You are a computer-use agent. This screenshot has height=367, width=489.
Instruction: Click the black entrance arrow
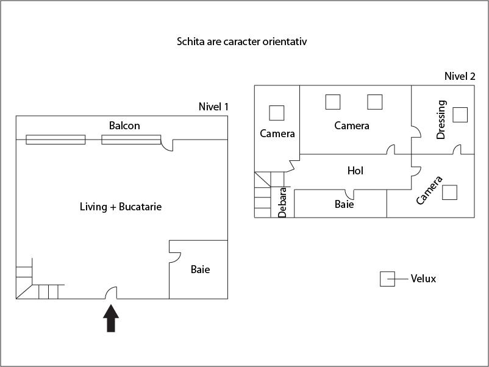[110, 318]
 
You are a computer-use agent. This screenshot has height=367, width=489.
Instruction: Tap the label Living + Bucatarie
[121, 207]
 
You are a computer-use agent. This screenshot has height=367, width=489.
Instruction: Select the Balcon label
[124, 126]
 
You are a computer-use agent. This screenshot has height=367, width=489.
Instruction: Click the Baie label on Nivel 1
[200, 269]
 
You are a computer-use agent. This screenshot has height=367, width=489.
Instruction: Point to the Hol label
[355, 171]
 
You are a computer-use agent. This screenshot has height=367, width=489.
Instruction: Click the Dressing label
[441, 120]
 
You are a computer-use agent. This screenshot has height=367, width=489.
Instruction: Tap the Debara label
[283, 202]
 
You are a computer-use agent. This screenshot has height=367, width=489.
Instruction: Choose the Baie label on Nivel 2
[344, 204]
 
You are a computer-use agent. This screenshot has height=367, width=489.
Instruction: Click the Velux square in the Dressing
[460, 114]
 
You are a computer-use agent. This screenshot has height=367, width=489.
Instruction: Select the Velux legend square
[388, 279]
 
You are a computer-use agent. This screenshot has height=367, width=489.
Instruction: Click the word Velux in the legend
[423, 279]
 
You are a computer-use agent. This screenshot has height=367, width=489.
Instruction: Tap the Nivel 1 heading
[213, 107]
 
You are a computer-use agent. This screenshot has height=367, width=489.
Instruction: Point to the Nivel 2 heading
[460, 76]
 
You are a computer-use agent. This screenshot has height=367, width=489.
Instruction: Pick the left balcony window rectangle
[55, 140]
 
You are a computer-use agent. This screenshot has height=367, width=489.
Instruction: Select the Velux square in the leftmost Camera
[276, 113]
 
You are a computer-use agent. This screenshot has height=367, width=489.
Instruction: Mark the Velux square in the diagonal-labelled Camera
[450, 192]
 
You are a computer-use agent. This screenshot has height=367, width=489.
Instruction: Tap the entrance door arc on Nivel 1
[112, 293]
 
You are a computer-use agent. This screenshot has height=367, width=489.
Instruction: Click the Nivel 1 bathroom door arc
[174, 257]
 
